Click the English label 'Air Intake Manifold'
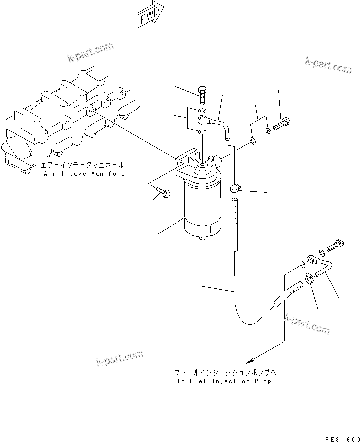click(x=84, y=174)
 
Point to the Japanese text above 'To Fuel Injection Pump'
click(x=225, y=372)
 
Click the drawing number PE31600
click(x=342, y=439)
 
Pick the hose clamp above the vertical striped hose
click(x=235, y=188)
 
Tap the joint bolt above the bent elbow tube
click(x=335, y=246)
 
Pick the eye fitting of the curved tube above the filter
click(x=203, y=119)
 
